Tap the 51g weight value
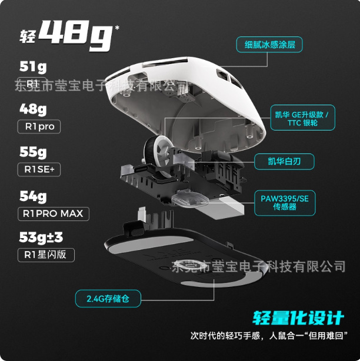coord(33,67)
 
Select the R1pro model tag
coord(39,126)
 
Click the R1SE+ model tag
coord(39,169)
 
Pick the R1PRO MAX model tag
coord(54,214)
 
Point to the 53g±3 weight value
coord(41,238)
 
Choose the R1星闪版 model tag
coord(46,255)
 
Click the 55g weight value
coord(33,152)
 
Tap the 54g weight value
coord(33,196)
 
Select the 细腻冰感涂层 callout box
coord(269,45)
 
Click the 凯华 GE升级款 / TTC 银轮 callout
coord(303,118)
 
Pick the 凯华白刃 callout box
coord(284,162)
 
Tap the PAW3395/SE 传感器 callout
coord(285,203)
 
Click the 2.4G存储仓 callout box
coord(108,299)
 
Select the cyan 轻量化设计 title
coord(298,318)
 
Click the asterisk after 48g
coord(117,28)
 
